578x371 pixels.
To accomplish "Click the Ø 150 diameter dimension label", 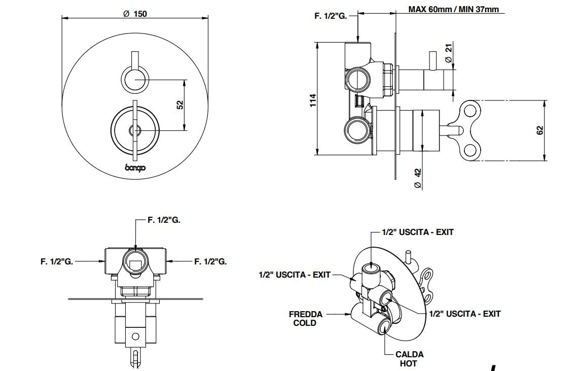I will [x=135, y=14].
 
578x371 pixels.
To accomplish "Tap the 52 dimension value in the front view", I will [x=180, y=105].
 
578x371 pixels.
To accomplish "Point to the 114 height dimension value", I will [x=313, y=99].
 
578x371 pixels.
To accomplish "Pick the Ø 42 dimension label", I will [x=418, y=179].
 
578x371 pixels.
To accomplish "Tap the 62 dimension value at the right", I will [x=540, y=130].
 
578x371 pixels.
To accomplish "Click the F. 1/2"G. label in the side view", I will [x=330, y=16].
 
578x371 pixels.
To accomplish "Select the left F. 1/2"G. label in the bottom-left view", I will [x=57, y=261].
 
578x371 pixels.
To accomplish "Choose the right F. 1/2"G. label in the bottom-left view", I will [x=210, y=261].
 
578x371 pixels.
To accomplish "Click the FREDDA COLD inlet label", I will [x=305, y=318].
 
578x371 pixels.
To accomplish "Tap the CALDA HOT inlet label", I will [x=409, y=359].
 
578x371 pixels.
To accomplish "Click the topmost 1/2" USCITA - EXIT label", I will [x=418, y=232].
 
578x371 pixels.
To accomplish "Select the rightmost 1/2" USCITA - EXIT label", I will [x=465, y=314].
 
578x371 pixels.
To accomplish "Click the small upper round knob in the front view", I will [x=134, y=80].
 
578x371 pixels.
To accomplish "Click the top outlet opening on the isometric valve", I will [x=373, y=267].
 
